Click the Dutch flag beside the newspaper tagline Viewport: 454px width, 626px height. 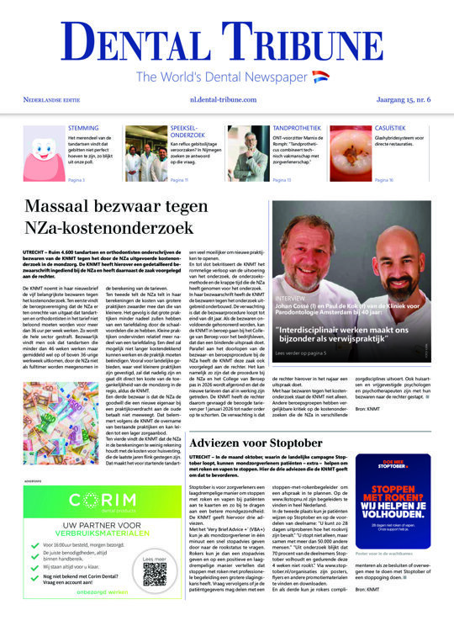(x=320, y=77)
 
